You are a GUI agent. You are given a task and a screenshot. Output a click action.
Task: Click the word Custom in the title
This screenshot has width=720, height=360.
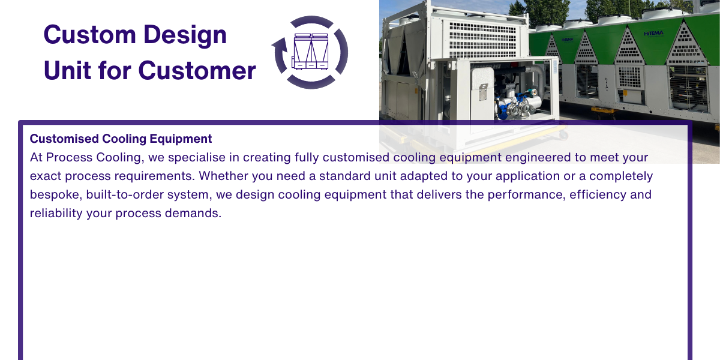[x=89, y=34]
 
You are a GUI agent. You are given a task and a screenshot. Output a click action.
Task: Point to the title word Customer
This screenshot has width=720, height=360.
[x=197, y=71]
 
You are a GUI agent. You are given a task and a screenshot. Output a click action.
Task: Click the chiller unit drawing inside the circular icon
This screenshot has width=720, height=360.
[x=311, y=52]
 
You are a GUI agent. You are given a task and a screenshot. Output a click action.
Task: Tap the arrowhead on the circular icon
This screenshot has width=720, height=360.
[x=280, y=45]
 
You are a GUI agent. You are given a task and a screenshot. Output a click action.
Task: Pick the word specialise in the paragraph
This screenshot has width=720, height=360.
[x=197, y=158]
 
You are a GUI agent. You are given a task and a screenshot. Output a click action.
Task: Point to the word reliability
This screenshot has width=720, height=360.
[x=56, y=214]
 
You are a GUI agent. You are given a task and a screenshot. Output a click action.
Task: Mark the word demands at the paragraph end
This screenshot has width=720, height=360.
[x=193, y=213]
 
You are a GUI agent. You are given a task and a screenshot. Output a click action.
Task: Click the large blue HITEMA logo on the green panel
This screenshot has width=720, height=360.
[x=653, y=34]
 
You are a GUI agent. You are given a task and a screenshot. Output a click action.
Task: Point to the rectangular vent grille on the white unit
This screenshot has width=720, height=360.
[x=482, y=39]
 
